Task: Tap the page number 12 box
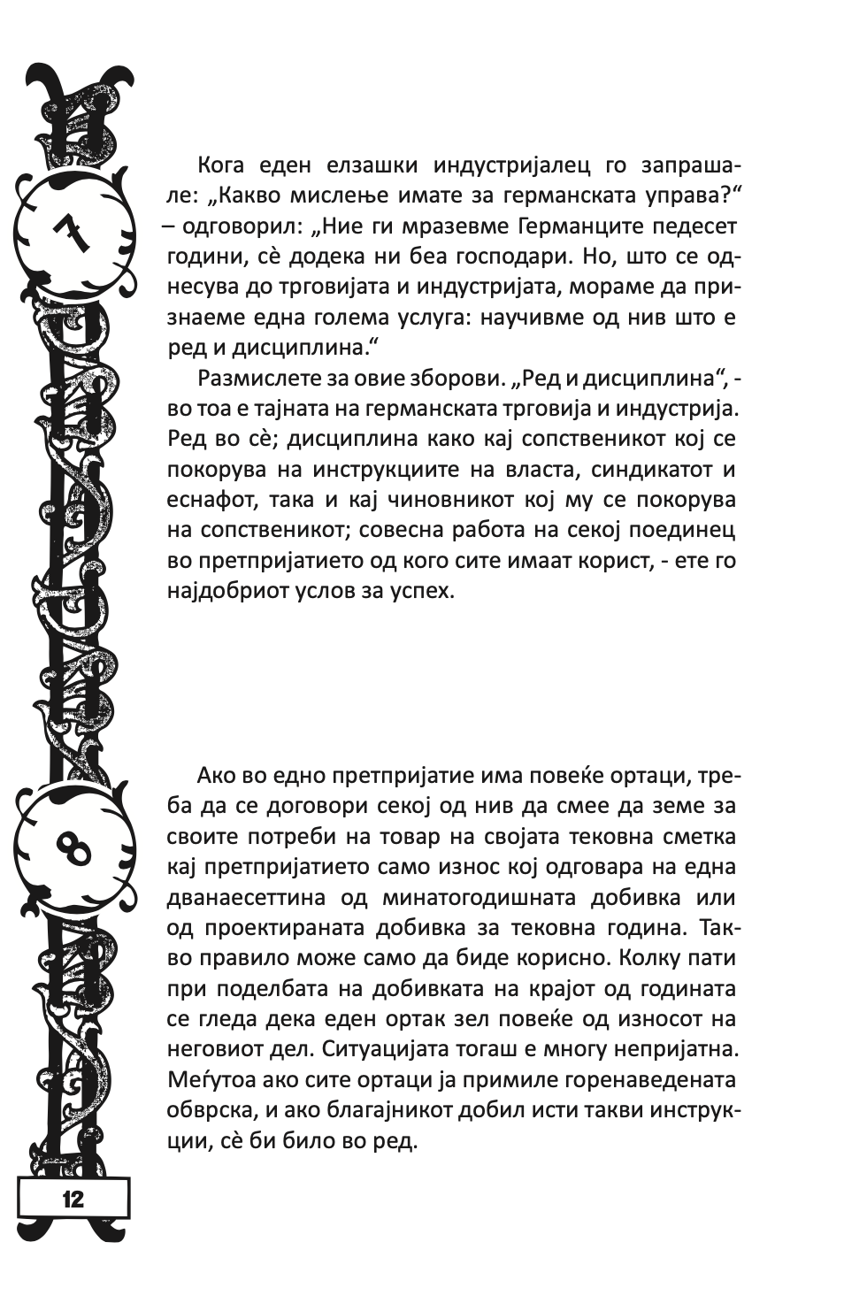tap(73, 1200)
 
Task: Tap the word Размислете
tap(261, 379)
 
